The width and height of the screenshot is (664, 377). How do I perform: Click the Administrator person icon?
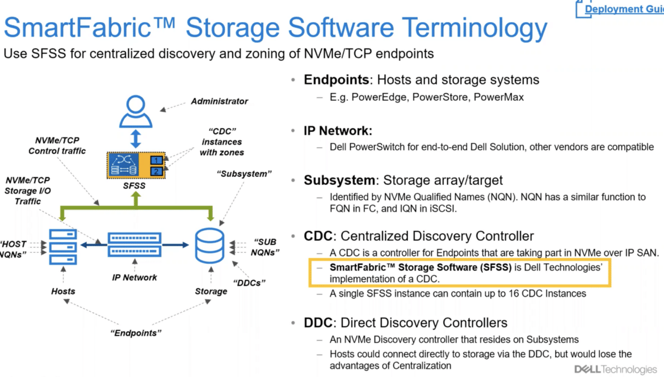136,111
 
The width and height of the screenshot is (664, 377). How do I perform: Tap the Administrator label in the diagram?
220,101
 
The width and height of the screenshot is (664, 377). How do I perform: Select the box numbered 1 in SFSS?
156,160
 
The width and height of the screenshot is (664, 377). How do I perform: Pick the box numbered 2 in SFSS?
156,171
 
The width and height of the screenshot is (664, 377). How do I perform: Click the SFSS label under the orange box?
135,186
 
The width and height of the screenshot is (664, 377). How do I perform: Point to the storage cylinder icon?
209,246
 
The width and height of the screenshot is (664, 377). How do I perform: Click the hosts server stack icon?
63,246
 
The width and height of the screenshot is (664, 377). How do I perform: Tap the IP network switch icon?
135,245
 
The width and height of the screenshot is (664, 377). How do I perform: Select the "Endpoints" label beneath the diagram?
136,333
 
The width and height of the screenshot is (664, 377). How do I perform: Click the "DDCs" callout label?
249,283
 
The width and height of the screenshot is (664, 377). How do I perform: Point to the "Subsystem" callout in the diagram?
245,174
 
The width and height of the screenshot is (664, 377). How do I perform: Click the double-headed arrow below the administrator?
136,139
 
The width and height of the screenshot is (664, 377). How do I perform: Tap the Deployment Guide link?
624,9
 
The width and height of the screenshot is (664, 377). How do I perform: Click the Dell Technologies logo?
616,370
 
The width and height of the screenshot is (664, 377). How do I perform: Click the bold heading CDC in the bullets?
318,236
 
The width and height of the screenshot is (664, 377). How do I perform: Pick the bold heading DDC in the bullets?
318,323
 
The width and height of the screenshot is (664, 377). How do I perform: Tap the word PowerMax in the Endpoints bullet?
499,97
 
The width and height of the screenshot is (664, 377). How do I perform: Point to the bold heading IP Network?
338,131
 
